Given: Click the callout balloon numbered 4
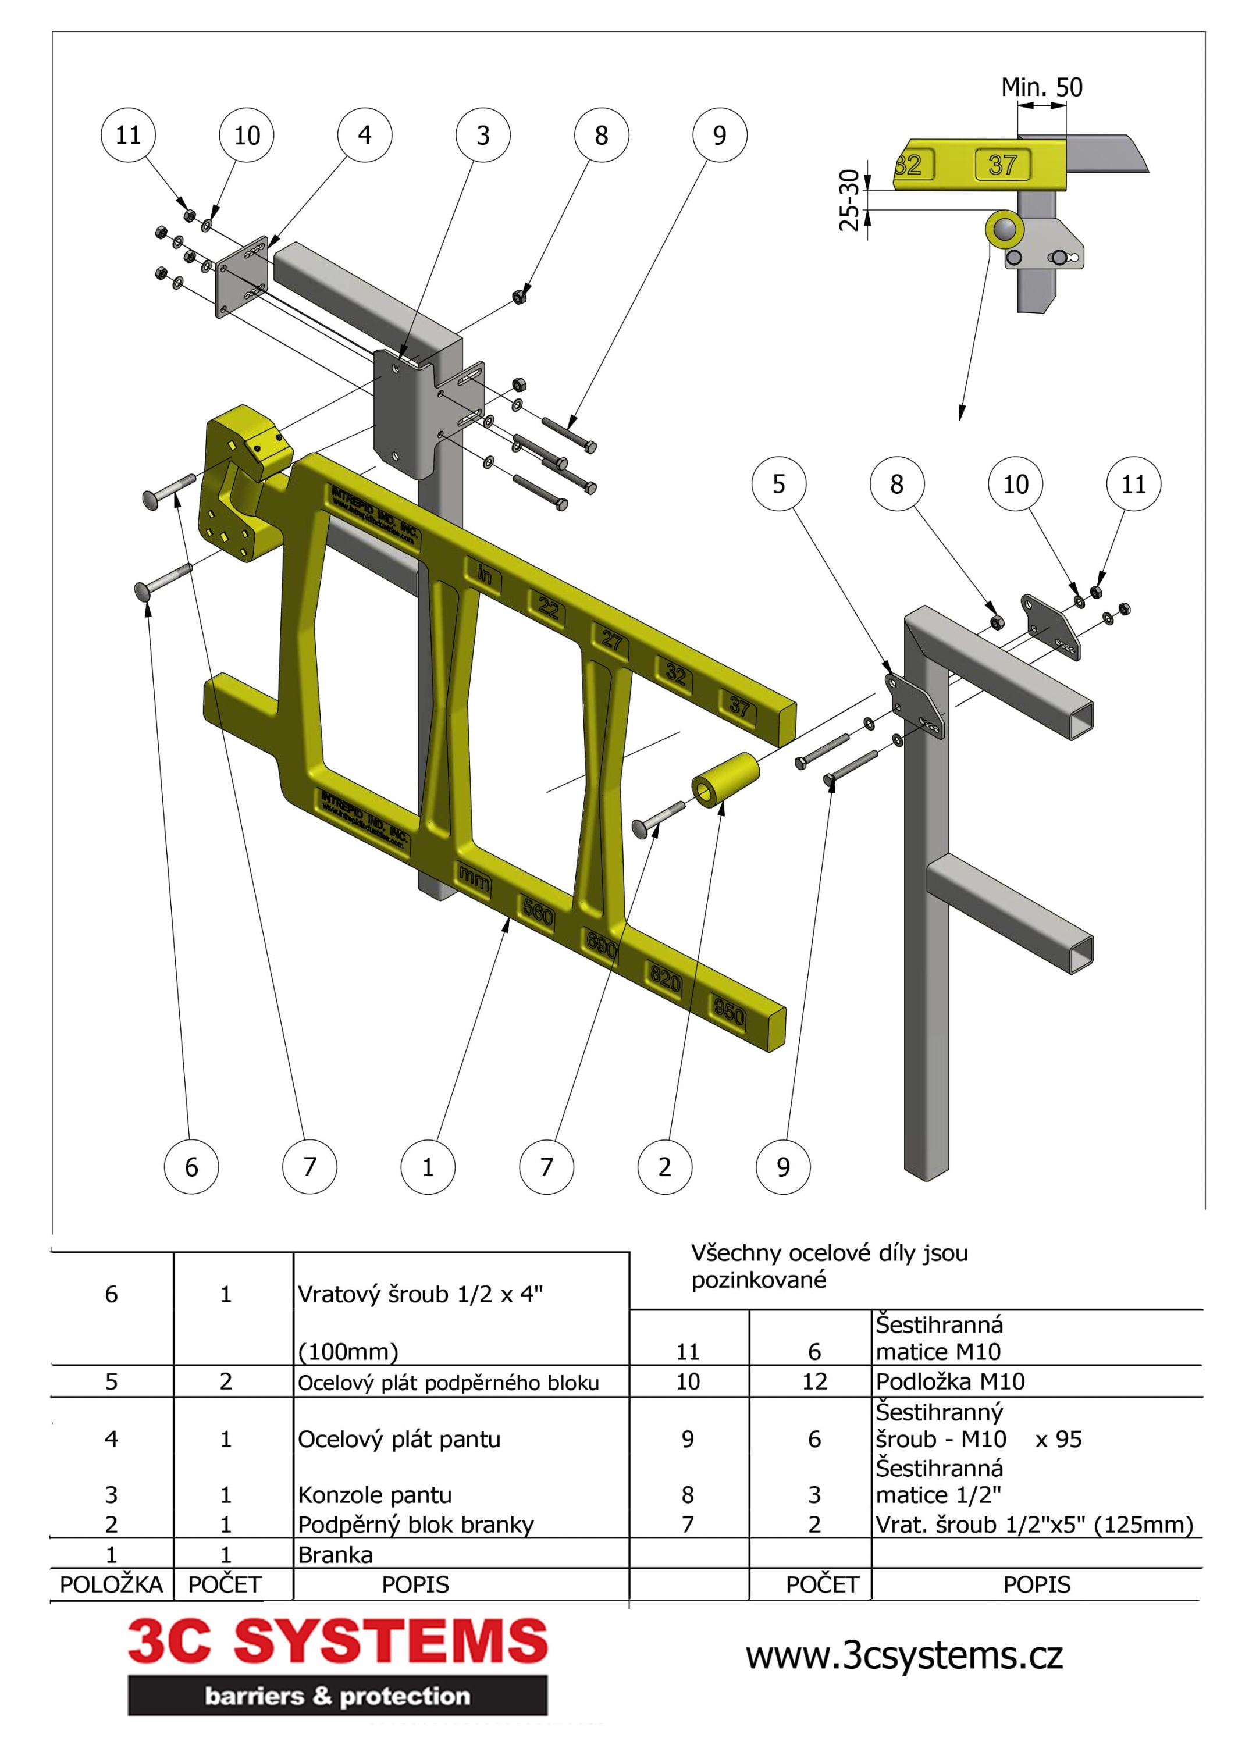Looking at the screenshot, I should [x=364, y=136].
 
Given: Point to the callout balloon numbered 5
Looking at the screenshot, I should [x=779, y=484].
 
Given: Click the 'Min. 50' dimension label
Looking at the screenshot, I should [x=1041, y=87].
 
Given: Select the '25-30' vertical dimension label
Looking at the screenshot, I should [x=848, y=200].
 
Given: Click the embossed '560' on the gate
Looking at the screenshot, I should [x=538, y=913].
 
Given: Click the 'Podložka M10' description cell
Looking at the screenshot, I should [x=949, y=1381].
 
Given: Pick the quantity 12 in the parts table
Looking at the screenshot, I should [x=814, y=1381].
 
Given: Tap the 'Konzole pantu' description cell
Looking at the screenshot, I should [x=374, y=1495].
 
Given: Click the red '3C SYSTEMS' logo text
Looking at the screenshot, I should [x=337, y=1641].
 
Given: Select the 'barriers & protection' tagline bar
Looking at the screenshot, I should [x=337, y=1696].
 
